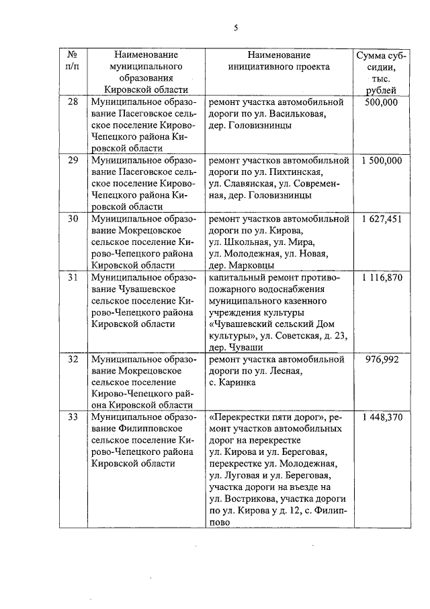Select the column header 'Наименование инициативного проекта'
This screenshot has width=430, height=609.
(x=279, y=61)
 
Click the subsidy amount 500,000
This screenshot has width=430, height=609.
(x=381, y=102)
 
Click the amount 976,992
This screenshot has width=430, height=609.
(x=381, y=359)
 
